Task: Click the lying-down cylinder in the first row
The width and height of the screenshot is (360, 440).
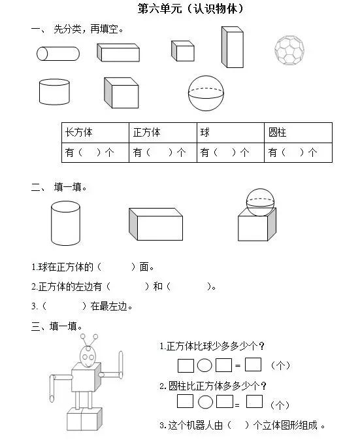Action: tap(58, 54)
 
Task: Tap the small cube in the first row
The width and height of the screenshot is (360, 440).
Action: tap(183, 50)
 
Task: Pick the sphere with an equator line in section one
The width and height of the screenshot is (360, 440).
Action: tap(205, 93)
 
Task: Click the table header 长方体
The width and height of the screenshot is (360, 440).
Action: tap(78, 132)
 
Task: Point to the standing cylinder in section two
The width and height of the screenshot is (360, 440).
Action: tap(65, 223)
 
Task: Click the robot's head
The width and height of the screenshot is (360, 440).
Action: tap(90, 354)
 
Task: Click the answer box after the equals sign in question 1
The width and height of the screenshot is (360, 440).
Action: tap(254, 364)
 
